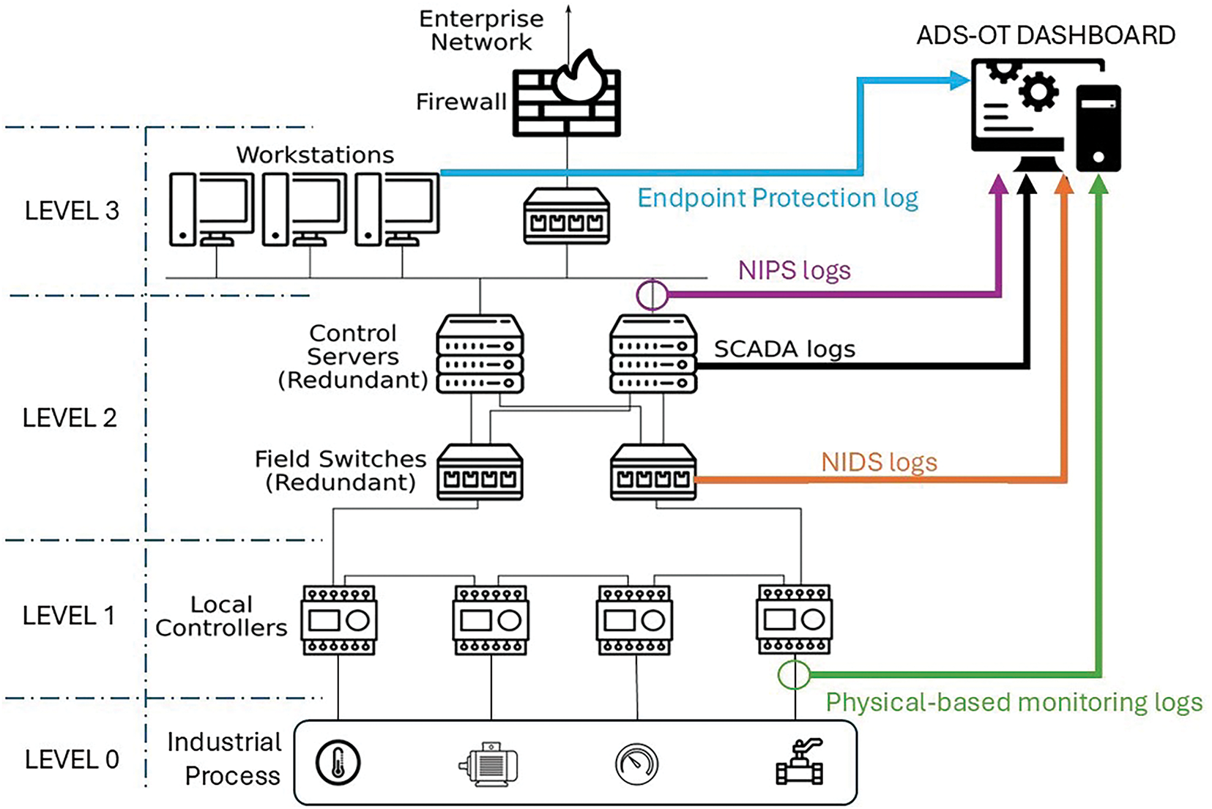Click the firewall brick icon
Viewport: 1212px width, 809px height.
[x=566, y=102]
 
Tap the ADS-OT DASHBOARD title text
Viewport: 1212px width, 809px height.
[x=1046, y=35]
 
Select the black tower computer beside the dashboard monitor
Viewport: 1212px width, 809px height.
[x=1098, y=128]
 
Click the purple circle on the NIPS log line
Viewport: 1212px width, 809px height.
[x=652, y=295]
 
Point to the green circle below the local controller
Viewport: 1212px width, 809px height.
[x=794, y=674]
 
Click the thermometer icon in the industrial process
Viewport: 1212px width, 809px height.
[x=338, y=762]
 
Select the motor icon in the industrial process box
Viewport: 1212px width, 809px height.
[x=489, y=764]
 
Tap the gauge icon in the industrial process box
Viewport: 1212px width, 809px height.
[x=636, y=764]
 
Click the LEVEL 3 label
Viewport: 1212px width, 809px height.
[x=72, y=211]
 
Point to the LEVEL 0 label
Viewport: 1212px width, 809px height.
[x=72, y=760]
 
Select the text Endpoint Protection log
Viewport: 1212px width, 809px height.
[x=777, y=198]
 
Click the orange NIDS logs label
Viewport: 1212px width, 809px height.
[x=879, y=463]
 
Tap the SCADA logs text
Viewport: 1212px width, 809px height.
[x=784, y=349]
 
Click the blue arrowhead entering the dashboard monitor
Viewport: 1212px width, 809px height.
[x=959, y=80]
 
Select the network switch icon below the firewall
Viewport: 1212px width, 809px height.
[x=567, y=216]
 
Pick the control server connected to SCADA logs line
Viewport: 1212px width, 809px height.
[x=653, y=354]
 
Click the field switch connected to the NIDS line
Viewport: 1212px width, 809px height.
[x=653, y=473]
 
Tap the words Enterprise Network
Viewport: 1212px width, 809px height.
[x=481, y=31]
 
